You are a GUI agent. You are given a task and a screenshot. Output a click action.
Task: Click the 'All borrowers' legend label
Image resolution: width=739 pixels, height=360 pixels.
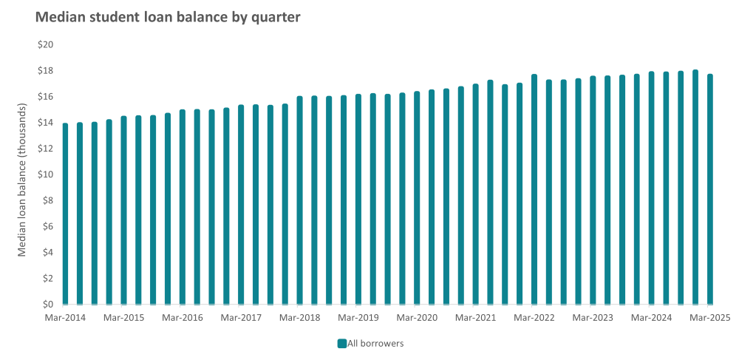[x=376, y=343]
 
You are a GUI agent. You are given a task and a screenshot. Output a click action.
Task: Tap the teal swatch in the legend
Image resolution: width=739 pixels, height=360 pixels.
[x=342, y=343]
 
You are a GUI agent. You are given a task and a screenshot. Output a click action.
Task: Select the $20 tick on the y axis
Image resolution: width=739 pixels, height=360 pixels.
[x=46, y=45]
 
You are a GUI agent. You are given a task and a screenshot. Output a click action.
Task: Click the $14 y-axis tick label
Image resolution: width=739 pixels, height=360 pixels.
[x=46, y=123]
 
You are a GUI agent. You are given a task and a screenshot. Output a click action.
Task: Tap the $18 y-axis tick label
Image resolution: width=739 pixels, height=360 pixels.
[x=46, y=71]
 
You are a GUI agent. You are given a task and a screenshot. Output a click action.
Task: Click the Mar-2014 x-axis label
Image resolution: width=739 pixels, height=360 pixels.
[x=65, y=318]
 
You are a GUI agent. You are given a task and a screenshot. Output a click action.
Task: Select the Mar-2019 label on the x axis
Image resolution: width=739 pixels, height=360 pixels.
[x=358, y=318]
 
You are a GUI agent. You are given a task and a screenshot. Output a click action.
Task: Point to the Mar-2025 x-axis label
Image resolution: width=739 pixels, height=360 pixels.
[x=709, y=318]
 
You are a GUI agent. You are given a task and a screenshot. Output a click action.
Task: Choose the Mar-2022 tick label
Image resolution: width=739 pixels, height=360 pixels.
[x=534, y=318]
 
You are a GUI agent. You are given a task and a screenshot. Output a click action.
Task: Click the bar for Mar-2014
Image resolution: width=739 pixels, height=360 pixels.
[x=65, y=214]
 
